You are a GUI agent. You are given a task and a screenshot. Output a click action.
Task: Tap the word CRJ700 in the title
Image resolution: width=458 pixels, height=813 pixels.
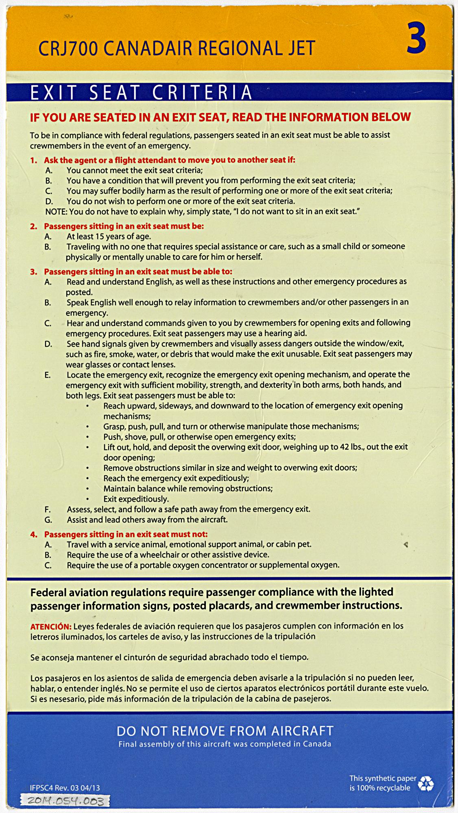(68, 49)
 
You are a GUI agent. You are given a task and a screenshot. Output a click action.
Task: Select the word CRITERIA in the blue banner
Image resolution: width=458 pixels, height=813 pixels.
(202, 93)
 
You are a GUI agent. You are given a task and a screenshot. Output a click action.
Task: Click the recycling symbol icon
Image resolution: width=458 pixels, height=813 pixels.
(426, 783)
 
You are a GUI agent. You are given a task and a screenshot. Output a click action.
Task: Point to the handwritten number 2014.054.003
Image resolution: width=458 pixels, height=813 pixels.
(65, 801)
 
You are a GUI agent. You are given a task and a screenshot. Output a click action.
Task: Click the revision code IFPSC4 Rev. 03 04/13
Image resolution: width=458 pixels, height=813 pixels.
(65, 787)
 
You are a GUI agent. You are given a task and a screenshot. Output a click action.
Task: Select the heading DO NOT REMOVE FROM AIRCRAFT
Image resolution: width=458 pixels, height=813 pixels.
(225, 731)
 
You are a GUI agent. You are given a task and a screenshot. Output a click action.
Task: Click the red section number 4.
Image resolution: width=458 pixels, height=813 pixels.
(33, 534)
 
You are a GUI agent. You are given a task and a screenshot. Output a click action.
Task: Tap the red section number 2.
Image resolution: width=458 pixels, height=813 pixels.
(33, 226)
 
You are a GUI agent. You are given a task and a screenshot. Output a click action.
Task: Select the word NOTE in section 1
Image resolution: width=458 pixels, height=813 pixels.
(56, 211)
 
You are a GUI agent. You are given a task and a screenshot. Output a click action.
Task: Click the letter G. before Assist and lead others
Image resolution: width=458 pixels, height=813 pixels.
(48, 520)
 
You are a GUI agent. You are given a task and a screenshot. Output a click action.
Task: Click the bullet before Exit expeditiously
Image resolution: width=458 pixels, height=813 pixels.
(87, 499)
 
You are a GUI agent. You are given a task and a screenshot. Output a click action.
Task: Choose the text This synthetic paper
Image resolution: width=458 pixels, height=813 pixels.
(383, 778)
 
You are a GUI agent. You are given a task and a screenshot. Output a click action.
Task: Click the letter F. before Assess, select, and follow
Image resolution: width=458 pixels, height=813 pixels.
(48, 509)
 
